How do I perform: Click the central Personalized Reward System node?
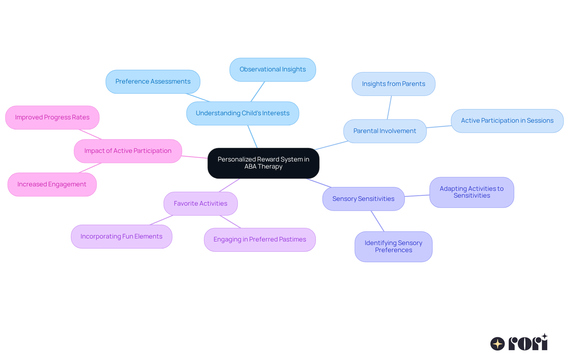coord(263,163)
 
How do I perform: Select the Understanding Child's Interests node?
coord(242,113)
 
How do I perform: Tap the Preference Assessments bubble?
coord(153,81)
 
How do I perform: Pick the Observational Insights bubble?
coord(272,69)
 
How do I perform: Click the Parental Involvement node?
coord(385,131)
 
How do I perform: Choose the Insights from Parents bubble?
coord(393,84)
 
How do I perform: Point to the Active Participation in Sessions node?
coord(507,121)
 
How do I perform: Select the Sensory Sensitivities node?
coord(363,199)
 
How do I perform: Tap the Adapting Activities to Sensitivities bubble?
coord(471,192)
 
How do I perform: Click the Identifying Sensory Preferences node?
coord(393,246)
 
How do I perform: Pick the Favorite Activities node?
coord(200,204)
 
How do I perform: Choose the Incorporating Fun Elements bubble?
coord(121,236)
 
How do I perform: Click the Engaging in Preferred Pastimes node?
coord(260,239)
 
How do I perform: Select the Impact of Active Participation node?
coord(128,151)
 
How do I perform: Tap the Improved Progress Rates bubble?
coord(52,117)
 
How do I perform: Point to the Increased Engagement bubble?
coord(52,184)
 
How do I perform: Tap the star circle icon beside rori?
coord(497,344)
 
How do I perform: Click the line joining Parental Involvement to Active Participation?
coord(439,127)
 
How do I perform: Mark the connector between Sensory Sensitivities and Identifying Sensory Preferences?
coord(377,221)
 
